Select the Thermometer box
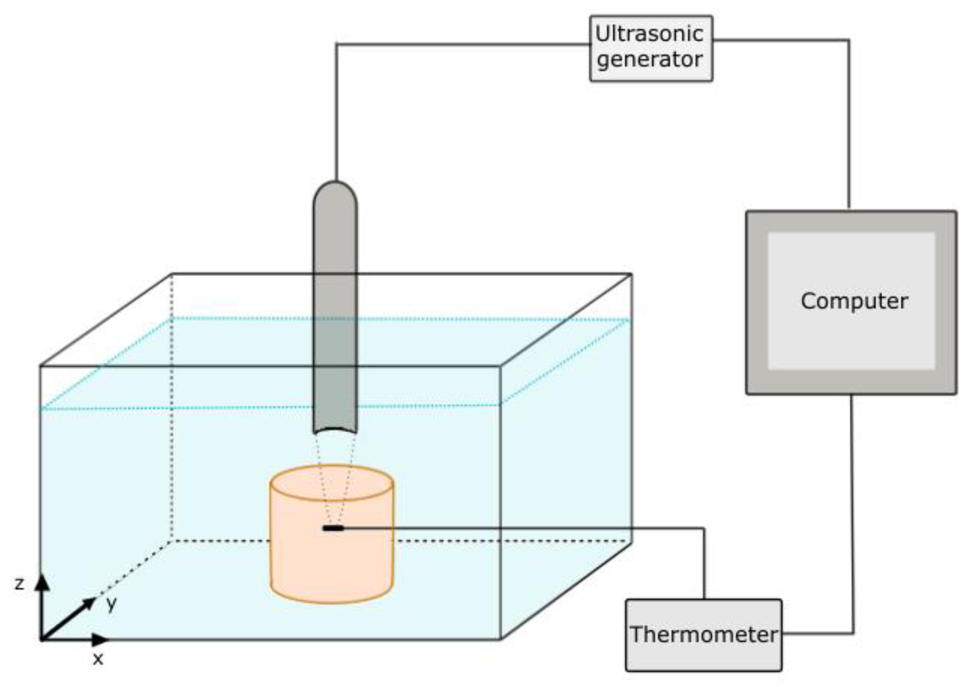[703, 635]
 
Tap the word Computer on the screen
[854, 301]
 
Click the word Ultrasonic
[650, 34]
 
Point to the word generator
[650, 59]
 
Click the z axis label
[19, 584]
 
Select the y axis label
[111, 604]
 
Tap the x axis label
[98, 659]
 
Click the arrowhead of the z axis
[42, 582]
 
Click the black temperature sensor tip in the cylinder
[333, 528]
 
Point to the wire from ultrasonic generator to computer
[848, 127]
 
